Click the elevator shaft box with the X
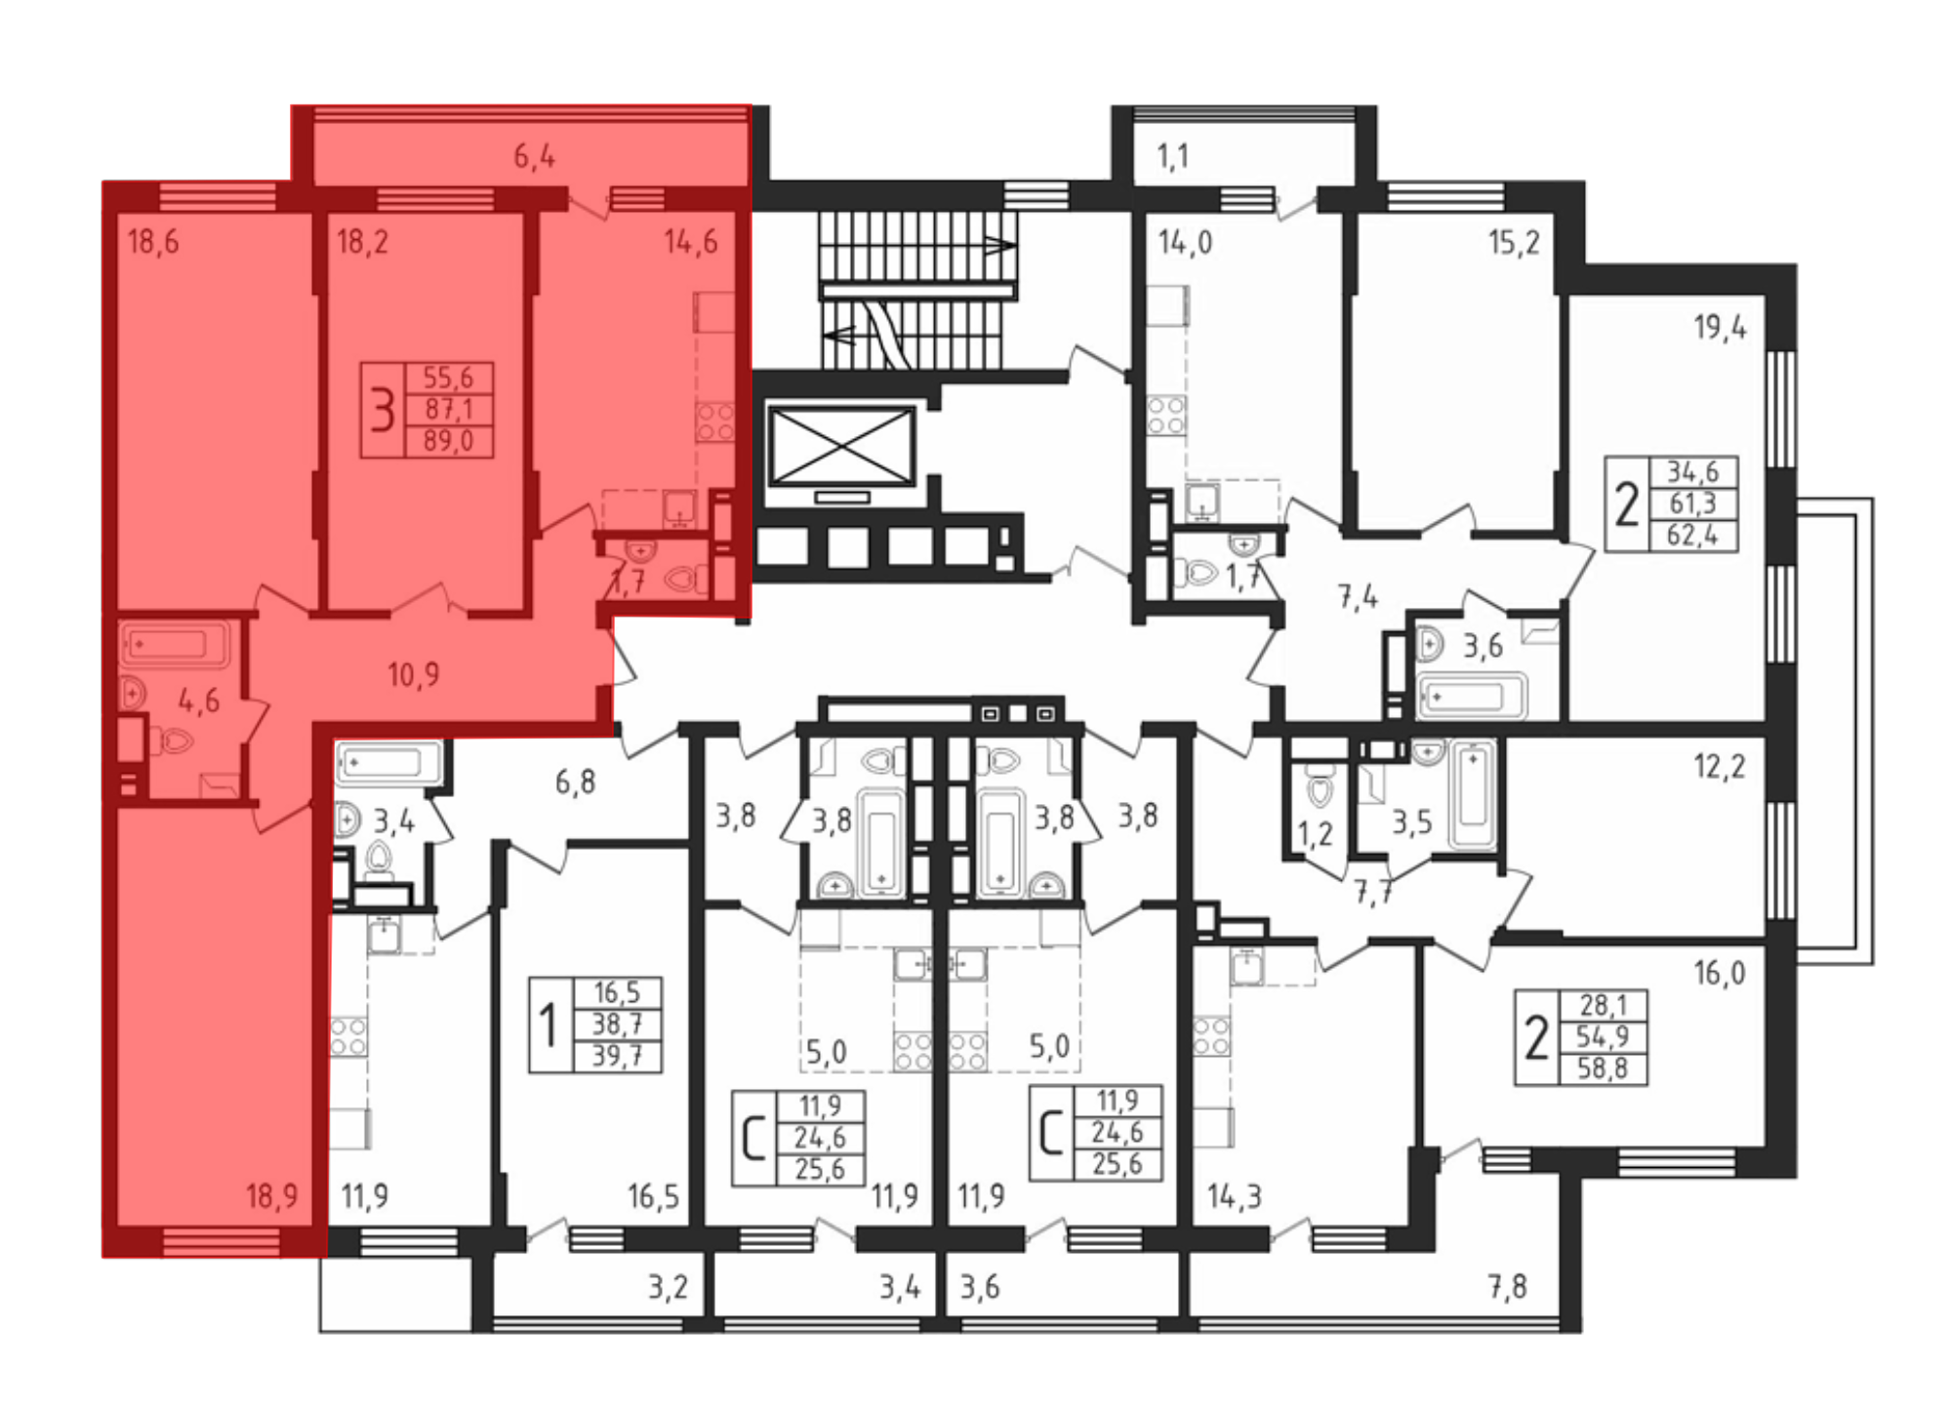tap(841, 447)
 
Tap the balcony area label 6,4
tap(534, 156)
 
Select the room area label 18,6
tap(153, 241)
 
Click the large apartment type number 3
tap(383, 410)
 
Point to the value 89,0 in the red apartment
tap(448, 441)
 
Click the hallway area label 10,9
tap(413, 674)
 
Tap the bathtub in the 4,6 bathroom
tap(174, 644)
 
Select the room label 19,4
tap(1720, 327)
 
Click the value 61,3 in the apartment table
tap(1692, 503)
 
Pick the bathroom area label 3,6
tap(1483, 646)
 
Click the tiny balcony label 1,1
tap(1172, 156)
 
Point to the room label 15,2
tap(1514, 242)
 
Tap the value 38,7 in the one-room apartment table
tap(617, 1025)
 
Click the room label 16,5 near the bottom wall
tap(653, 1196)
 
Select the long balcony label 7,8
tap(1508, 1287)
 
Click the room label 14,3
tap(1235, 1196)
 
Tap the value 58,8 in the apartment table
tap(1603, 1068)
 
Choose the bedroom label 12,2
tap(1719, 767)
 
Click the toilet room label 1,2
tap(1315, 834)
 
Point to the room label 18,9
tap(271, 1196)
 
